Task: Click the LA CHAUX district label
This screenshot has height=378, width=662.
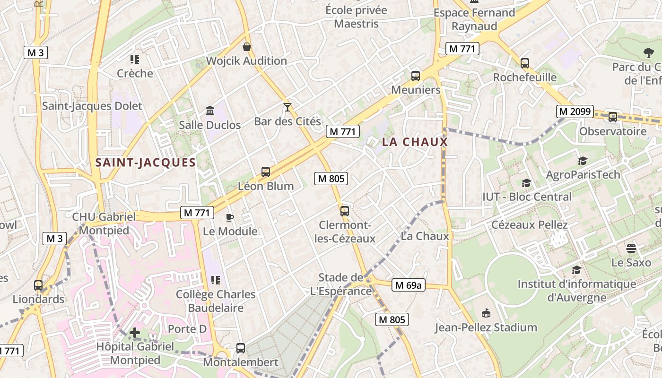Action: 414,142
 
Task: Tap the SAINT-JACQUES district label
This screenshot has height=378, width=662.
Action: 145,163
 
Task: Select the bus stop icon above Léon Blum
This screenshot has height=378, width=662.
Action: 266,172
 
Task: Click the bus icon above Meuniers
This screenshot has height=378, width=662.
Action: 416,76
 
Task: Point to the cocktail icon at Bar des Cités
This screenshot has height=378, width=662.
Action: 287,107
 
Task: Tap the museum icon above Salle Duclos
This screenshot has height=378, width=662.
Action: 210,111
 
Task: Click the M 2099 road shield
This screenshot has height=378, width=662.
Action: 575,112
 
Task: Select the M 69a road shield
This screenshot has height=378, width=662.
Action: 409,285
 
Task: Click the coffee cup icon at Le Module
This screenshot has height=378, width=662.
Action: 230,217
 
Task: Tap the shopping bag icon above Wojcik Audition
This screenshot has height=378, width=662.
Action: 246,47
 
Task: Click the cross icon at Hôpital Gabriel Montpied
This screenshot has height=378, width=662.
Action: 135,333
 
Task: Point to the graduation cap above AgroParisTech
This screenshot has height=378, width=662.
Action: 583,161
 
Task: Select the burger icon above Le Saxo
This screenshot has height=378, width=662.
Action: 631,248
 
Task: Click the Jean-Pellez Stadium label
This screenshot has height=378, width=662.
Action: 486,327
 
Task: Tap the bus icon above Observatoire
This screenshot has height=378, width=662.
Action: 612,117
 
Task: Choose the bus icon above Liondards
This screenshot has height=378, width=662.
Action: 38,285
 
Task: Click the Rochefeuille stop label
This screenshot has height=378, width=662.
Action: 524,77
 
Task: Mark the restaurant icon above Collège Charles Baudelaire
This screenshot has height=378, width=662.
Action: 216,280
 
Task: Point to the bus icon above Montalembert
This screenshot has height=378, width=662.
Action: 241,348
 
